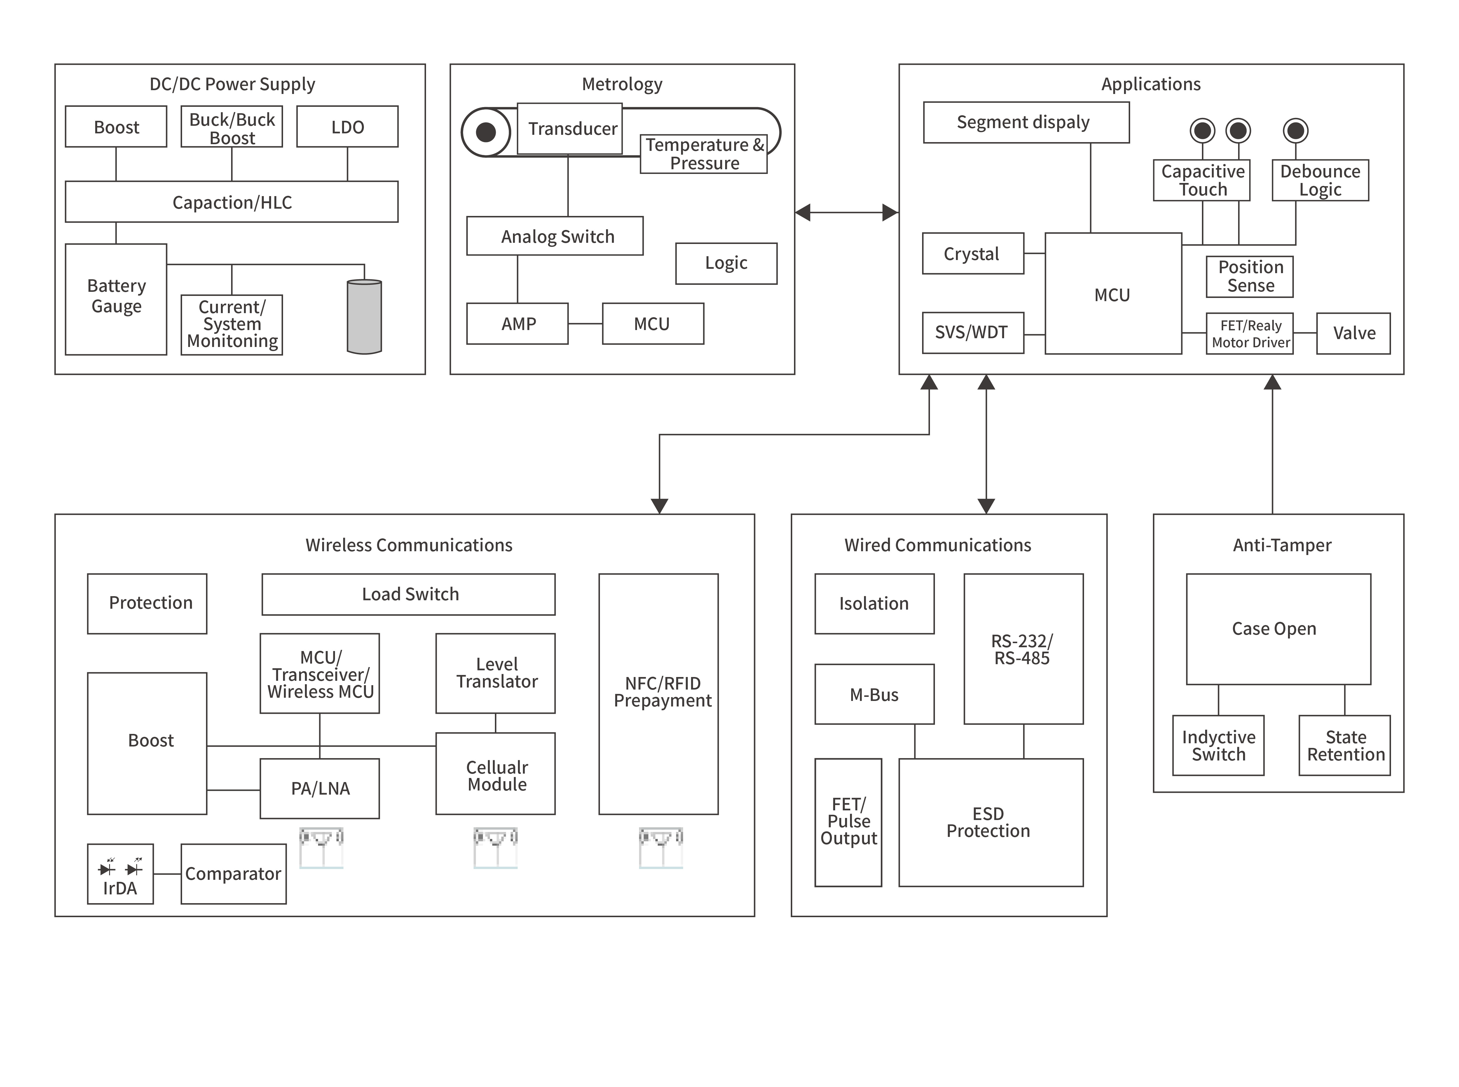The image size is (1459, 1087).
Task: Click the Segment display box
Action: click(x=1025, y=122)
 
